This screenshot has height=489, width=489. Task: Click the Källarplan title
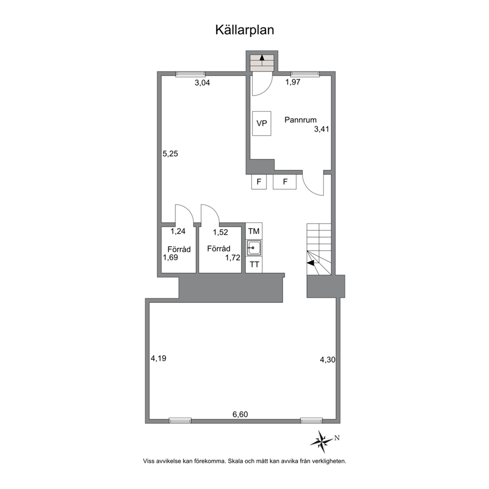(244, 30)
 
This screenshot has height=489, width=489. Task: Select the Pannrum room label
(300, 120)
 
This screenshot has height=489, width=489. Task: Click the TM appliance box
(254, 231)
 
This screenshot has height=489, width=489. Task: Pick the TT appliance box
(254, 265)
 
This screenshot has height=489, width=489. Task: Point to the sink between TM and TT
(254, 247)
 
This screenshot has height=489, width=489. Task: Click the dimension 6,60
(240, 414)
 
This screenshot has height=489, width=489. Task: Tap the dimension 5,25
(170, 153)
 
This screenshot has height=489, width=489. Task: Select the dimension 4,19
(158, 358)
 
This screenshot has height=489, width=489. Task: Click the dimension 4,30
(328, 360)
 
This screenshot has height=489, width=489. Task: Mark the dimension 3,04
(202, 83)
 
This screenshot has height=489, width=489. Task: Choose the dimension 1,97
(293, 82)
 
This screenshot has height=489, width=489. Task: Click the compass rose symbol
(322, 439)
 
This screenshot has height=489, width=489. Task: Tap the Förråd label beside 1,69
(179, 249)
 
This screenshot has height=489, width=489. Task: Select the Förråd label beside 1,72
(219, 248)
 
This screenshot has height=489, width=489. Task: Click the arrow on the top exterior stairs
(262, 59)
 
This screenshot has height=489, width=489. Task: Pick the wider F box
(284, 182)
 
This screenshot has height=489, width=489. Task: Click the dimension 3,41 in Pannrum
(321, 130)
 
